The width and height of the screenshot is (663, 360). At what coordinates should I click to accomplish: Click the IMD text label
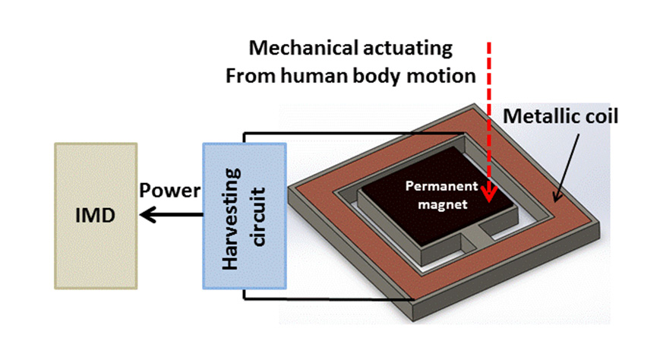point(95,216)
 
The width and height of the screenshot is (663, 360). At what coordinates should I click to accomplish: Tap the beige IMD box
point(96,216)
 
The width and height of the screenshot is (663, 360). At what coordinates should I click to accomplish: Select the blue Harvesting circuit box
point(245,216)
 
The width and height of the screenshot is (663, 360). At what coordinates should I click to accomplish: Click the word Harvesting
point(232,219)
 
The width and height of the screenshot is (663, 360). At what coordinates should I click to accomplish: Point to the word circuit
point(258,216)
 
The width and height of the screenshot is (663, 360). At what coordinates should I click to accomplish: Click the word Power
point(170,191)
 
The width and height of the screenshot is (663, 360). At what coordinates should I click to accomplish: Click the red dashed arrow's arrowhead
point(490,195)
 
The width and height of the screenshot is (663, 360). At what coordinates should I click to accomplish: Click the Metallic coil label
point(560,116)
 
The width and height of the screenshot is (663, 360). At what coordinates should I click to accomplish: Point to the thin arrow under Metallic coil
point(567,169)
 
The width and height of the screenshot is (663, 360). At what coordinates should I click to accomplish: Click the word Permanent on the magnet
point(442,186)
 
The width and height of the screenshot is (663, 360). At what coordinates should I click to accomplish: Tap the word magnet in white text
point(443,205)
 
